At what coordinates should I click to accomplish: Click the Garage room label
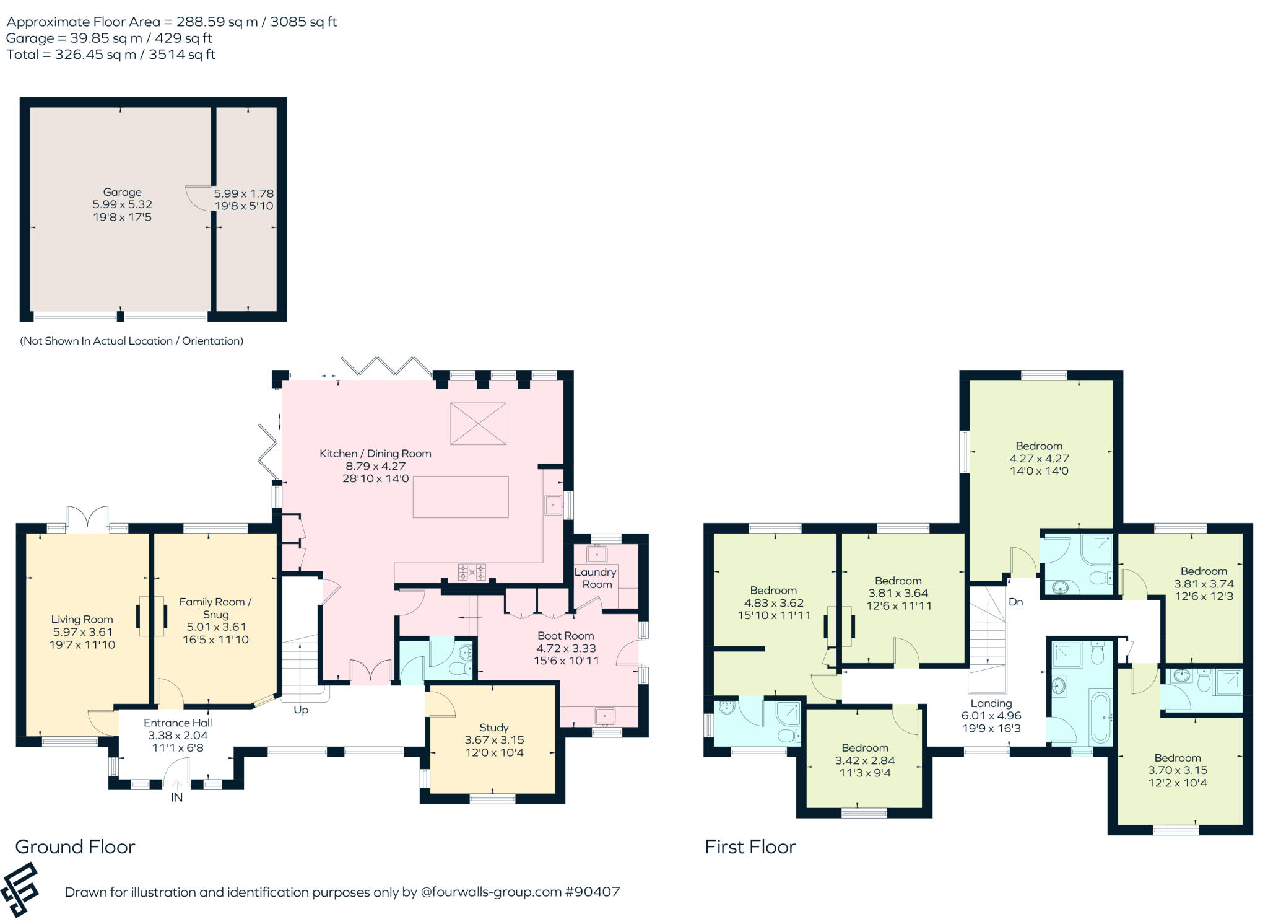tap(122, 193)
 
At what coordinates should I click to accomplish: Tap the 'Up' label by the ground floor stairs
tap(301, 710)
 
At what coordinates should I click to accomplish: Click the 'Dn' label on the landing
tap(1015, 602)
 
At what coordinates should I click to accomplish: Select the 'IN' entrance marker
tap(176, 798)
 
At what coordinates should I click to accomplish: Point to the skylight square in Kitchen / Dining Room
tap(478, 423)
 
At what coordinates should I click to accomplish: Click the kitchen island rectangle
tap(461, 497)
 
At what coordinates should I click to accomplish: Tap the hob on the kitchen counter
tap(472, 571)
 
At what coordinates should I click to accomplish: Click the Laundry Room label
tap(596, 578)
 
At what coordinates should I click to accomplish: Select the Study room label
tap(493, 728)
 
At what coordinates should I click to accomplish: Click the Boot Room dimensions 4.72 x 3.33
tap(566, 648)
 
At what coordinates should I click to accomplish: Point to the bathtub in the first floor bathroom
tap(1100, 718)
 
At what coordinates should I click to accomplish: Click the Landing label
tap(991, 703)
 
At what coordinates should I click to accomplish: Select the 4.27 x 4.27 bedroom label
tap(1038, 459)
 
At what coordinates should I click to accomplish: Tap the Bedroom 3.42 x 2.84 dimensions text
tap(864, 760)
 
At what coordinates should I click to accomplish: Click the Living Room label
tap(82, 620)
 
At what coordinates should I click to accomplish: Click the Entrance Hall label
tap(178, 723)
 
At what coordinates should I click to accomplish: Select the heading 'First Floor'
tap(750, 847)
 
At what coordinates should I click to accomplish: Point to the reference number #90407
tap(592, 892)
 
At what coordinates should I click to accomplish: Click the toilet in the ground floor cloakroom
tap(459, 668)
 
